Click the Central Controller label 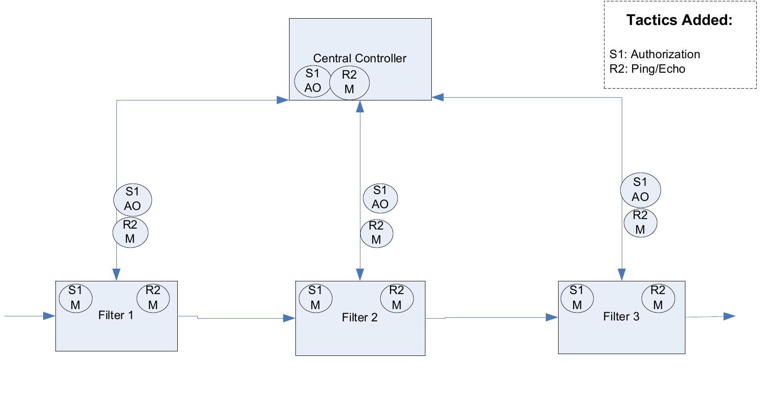pos(360,58)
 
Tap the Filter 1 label pos(116,315)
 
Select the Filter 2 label pos(360,317)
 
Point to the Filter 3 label pos(621,316)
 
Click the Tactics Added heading pos(679,20)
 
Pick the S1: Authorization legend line pos(654,55)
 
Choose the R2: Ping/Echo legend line pos(647,69)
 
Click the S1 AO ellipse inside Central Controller pos(313,81)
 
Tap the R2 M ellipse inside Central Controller pos(349,82)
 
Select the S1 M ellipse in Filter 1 pos(75,298)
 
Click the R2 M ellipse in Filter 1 pos(153,298)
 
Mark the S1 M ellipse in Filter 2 pos(315,298)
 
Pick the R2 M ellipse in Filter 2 pos(397,298)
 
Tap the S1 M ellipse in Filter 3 pos(577,298)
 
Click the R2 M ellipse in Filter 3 pos(658,298)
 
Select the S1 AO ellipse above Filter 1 pos(132,199)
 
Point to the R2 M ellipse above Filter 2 pos(376,233)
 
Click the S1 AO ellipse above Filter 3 pos(640,190)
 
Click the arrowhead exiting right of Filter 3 pos(729,316)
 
